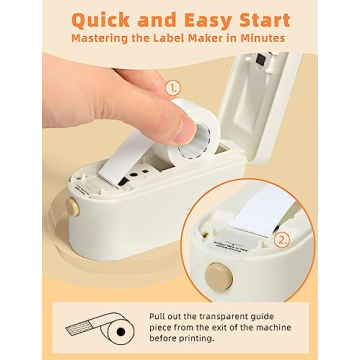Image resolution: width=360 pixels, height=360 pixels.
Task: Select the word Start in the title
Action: (262, 19)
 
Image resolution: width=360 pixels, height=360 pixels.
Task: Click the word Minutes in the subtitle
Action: (257, 39)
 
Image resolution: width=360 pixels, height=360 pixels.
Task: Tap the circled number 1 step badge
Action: (171, 89)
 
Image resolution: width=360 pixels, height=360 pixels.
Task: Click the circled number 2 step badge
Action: (282, 239)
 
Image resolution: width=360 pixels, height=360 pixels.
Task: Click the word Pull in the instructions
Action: (159, 315)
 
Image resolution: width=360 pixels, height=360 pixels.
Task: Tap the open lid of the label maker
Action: (285, 90)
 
